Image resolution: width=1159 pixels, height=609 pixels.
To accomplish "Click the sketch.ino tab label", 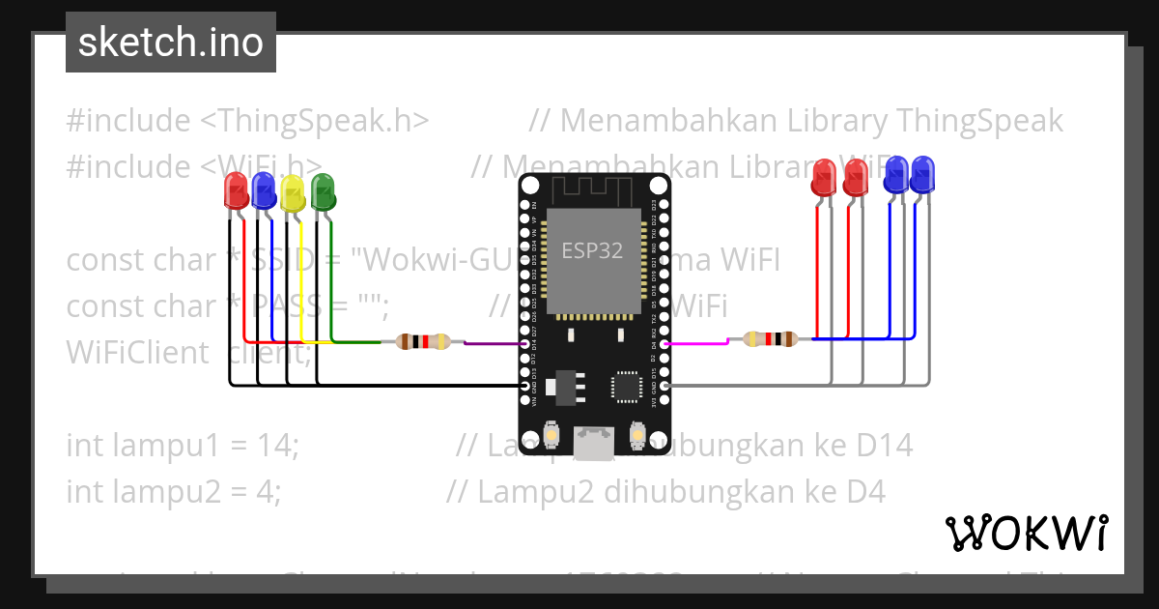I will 171,43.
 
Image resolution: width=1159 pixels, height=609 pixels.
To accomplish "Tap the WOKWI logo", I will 1026,533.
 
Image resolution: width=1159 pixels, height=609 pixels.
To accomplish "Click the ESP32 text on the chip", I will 592,250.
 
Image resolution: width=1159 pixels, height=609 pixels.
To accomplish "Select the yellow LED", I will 293,193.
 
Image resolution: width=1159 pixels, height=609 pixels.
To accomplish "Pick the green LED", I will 323,191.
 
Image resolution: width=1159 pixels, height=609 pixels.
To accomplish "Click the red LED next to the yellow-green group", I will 236,190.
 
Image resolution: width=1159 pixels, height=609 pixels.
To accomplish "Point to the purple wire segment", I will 493,342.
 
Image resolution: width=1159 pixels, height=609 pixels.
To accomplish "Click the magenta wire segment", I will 695,342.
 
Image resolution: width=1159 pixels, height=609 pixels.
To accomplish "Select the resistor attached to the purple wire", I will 423,341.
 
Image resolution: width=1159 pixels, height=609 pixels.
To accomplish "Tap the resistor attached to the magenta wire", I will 770,338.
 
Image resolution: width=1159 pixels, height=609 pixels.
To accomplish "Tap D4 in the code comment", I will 865,492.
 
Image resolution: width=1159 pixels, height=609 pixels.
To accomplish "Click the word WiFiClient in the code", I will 137,353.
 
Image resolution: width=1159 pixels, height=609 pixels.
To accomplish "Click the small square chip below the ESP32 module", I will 626,387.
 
